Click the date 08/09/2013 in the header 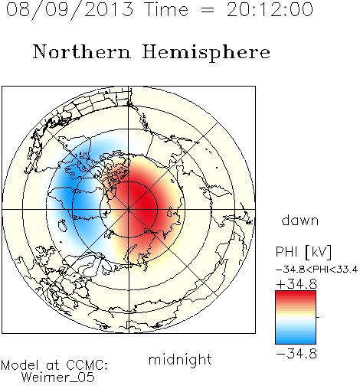coord(70,10)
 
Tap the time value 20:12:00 coord(270,10)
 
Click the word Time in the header coord(166,10)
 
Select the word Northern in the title coord(82,52)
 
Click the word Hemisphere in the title coord(206,53)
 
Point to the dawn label coord(300,220)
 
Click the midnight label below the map coord(180,360)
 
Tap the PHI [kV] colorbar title coord(303,252)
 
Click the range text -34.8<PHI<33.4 coord(317,270)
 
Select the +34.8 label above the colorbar coord(296,284)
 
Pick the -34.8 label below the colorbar coord(296,354)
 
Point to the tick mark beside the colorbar coord(318,317)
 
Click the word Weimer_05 coord(58,378)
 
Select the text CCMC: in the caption coord(87,365)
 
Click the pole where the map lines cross coord(129,209)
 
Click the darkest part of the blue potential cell coord(67,194)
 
